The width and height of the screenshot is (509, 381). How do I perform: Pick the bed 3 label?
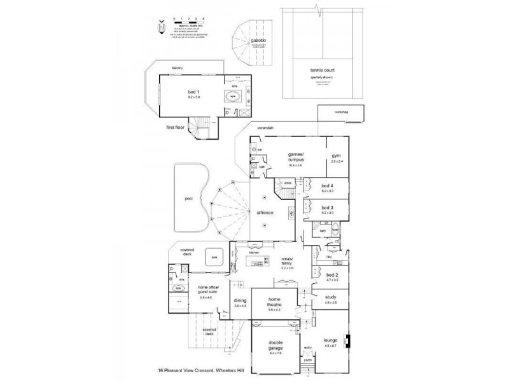[x=327, y=208]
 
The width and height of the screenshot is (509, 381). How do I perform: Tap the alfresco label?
[x=265, y=213]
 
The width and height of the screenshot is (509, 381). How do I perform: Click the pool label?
[x=188, y=198]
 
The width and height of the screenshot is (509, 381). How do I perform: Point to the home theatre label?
[x=274, y=302]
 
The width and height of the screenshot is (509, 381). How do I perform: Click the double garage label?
[x=275, y=345]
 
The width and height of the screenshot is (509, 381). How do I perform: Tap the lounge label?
[x=330, y=340]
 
